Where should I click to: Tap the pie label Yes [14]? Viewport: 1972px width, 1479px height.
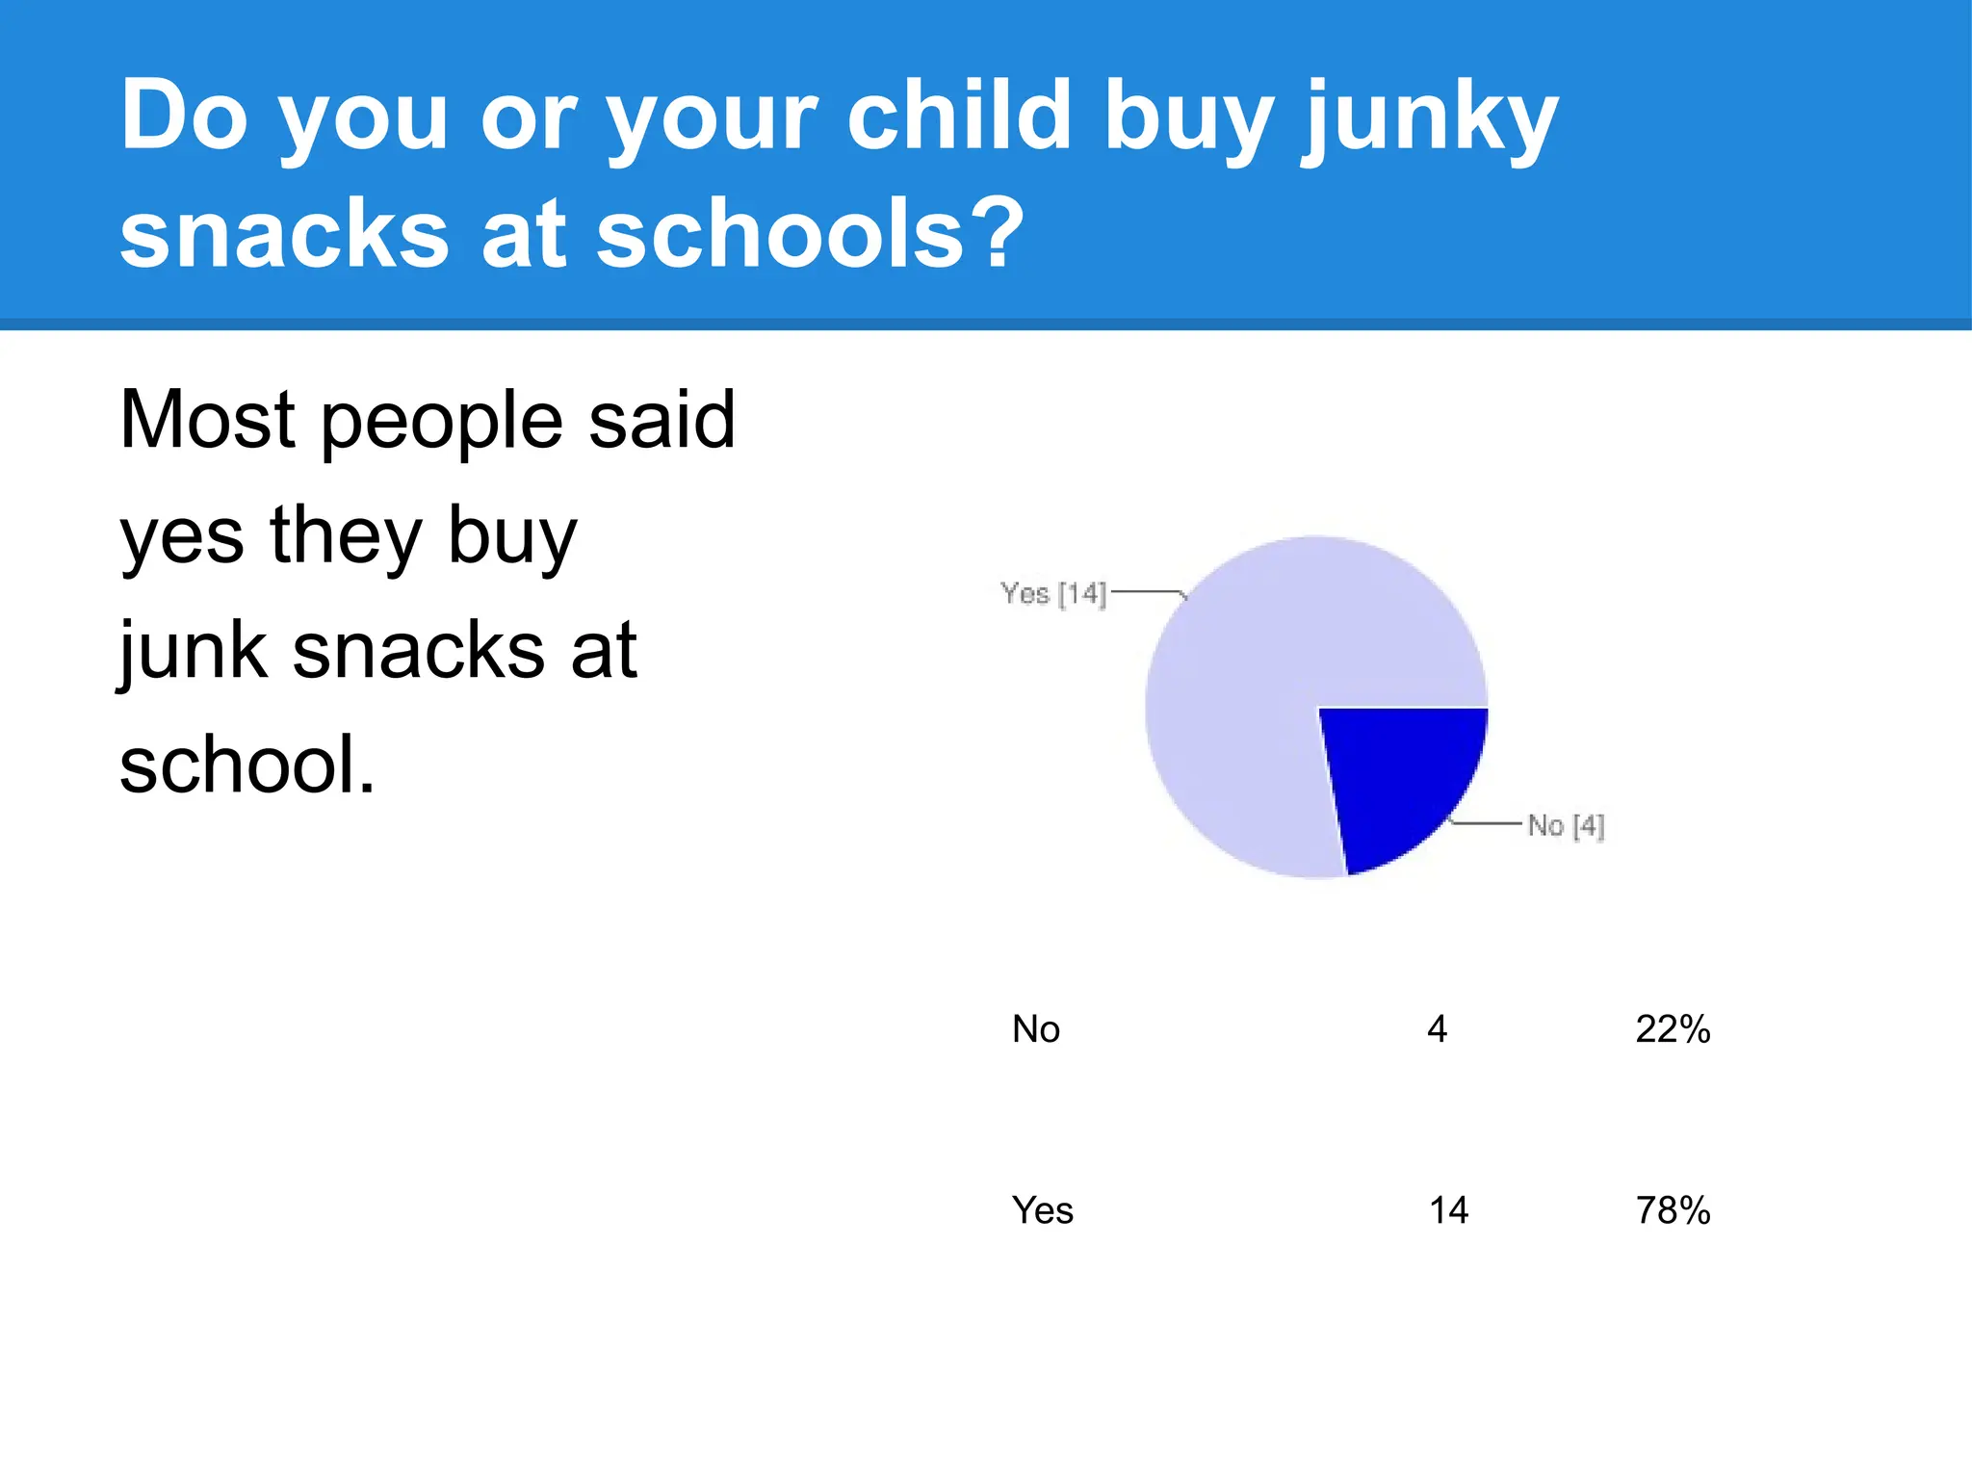coord(1052,593)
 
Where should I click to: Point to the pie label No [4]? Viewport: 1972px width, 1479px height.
coord(1566,826)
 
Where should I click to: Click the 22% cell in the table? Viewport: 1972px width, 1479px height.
coord(1673,1029)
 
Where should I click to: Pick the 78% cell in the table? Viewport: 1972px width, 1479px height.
coord(1673,1210)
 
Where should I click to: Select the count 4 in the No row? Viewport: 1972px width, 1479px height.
coord(1437,1029)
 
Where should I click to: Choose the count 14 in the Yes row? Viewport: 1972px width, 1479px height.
coord(1448,1210)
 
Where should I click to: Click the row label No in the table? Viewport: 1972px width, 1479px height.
coord(1036,1029)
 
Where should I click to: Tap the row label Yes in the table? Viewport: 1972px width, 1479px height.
coord(1042,1210)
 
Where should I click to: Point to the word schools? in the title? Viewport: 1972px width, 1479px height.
coord(809,234)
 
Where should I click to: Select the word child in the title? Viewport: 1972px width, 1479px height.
coord(959,116)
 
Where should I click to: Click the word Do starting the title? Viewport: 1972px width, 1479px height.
coord(184,116)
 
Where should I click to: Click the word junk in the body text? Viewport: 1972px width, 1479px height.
coord(193,653)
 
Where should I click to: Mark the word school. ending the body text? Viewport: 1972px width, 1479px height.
coord(246,765)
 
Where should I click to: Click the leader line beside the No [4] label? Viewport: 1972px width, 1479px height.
coord(1486,823)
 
